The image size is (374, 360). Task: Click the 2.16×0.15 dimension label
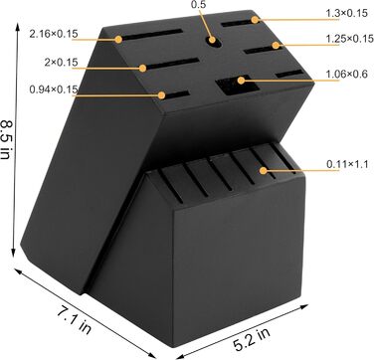click(54, 34)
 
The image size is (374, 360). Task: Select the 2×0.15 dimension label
click(61, 62)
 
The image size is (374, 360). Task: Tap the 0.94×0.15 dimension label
click(54, 90)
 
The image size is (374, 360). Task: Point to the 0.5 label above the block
click(199, 5)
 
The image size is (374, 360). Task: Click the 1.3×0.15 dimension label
click(347, 13)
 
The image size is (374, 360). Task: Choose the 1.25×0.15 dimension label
click(349, 39)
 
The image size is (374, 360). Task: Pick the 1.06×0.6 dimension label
click(347, 74)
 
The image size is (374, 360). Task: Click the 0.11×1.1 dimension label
click(347, 164)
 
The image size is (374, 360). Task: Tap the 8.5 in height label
click(7, 139)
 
